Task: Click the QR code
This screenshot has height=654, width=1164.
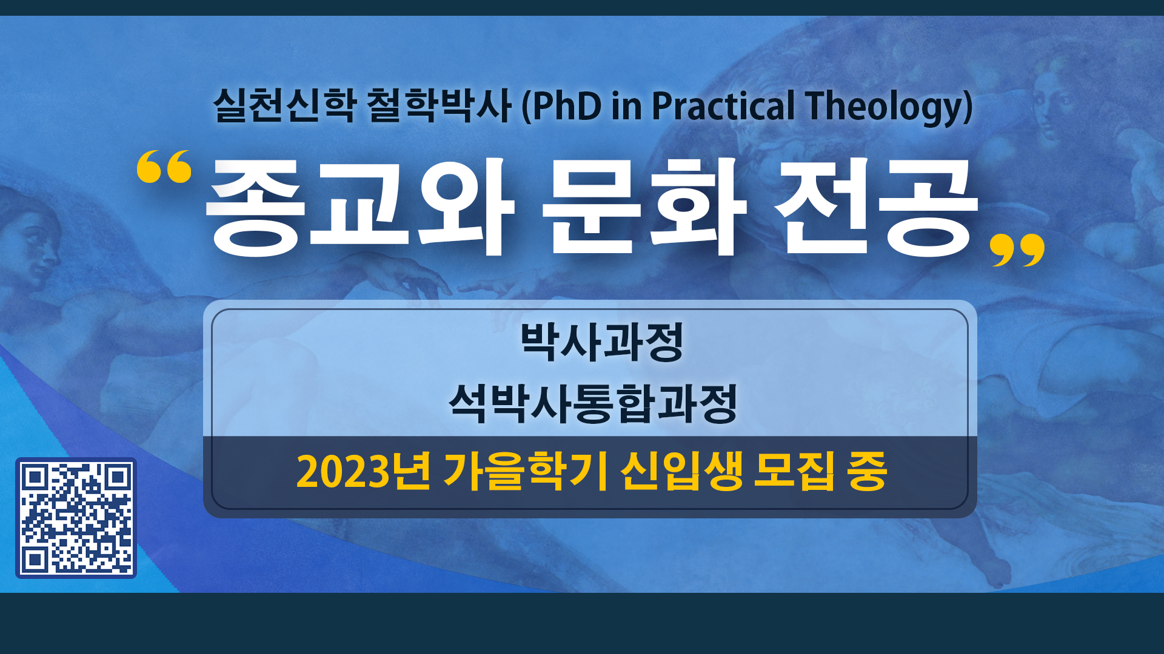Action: pos(76,518)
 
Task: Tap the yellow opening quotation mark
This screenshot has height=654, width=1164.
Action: pos(164,167)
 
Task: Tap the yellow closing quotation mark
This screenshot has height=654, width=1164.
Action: pos(1017,250)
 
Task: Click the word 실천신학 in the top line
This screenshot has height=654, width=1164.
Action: pos(284,105)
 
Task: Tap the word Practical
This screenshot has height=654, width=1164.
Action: pos(723,106)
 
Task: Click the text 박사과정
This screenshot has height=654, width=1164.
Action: pos(602,342)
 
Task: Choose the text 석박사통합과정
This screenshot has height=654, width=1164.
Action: pos(593,403)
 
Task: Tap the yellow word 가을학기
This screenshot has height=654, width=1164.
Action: pos(526,471)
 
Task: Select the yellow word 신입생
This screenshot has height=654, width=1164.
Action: pos(681,471)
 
